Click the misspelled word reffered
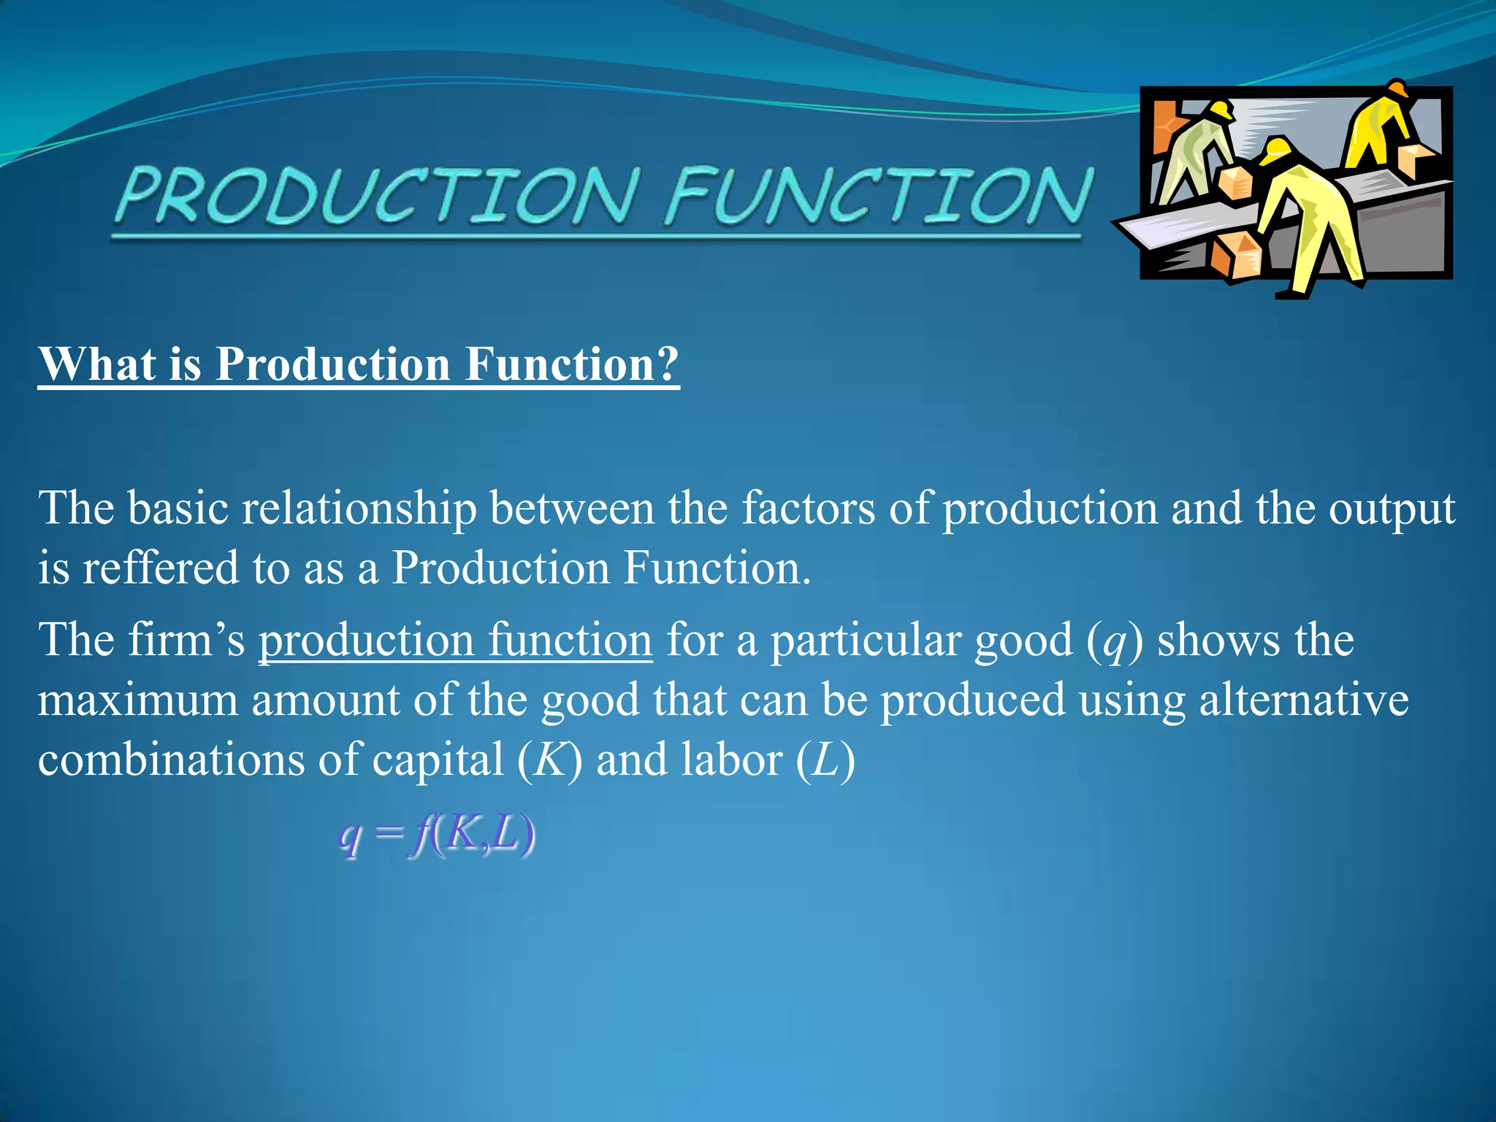(x=160, y=568)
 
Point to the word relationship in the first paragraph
(x=359, y=508)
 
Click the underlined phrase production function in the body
(x=455, y=641)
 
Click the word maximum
(x=138, y=701)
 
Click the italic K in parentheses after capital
(x=549, y=760)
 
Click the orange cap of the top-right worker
(x=1397, y=89)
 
